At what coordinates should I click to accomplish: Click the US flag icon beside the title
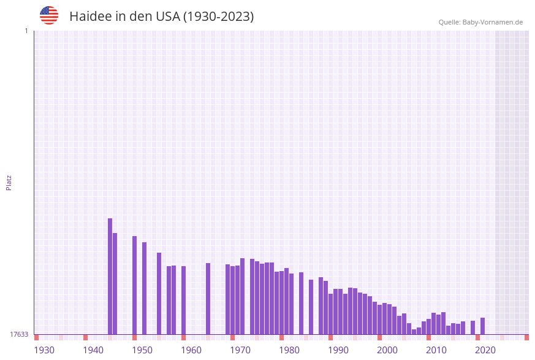pyautogui.click(x=49, y=15)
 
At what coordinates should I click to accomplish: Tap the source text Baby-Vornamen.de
pyautogui.click(x=493, y=22)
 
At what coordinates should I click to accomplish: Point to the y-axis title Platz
pyautogui.click(x=9, y=182)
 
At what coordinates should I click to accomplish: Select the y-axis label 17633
pyautogui.click(x=19, y=334)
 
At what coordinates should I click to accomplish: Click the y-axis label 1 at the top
pyautogui.click(x=26, y=31)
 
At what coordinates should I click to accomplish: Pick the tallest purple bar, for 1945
pyautogui.click(x=110, y=276)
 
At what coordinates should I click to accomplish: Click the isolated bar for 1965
pyautogui.click(x=208, y=299)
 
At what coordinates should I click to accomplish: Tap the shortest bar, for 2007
pyautogui.click(x=414, y=332)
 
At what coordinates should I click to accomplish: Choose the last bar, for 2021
pyautogui.click(x=483, y=326)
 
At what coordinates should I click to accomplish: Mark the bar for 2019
pyautogui.click(x=473, y=327)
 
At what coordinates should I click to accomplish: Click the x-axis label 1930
pyautogui.click(x=44, y=350)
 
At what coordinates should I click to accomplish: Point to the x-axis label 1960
pyautogui.click(x=191, y=350)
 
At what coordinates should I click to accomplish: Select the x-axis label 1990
pyautogui.click(x=338, y=350)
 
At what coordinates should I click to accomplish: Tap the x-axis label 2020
pyautogui.click(x=485, y=350)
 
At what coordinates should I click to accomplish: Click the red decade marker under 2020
pyautogui.click(x=478, y=337)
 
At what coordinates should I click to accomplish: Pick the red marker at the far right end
pyautogui.click(x=526, y=337)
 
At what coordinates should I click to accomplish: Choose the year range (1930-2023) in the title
pyautogui.click(x=219, y=17)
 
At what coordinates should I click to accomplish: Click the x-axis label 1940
pyautogui.click(x=93, y=350)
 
